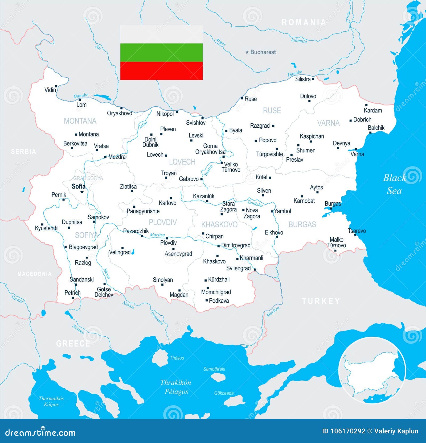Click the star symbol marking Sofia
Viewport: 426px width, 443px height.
[x=82, y=192]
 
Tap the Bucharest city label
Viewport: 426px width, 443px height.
[x=263, y=52]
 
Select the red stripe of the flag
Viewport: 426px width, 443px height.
[x=161, y=71]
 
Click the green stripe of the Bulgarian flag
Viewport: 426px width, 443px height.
[x=161, y=52]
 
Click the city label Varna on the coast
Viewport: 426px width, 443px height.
[x=357, y=154]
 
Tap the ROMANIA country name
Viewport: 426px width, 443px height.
[x=304, y=22]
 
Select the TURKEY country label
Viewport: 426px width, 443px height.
[x=321, y=301]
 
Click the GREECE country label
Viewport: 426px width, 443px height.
[x=73, y=344]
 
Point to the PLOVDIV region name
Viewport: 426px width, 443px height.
[x=163, y=222]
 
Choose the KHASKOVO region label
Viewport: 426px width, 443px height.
[x=219, y=225]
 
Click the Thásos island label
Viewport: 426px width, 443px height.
[x=177, y=358]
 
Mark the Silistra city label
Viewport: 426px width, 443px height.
[x=303, y=79]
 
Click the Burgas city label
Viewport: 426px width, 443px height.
[x=333, y=204]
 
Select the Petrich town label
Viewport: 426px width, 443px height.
[x=72, y=292]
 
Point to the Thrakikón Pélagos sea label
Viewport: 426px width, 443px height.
[x=176, y=387]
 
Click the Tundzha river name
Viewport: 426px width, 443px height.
[x=255, y=203]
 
